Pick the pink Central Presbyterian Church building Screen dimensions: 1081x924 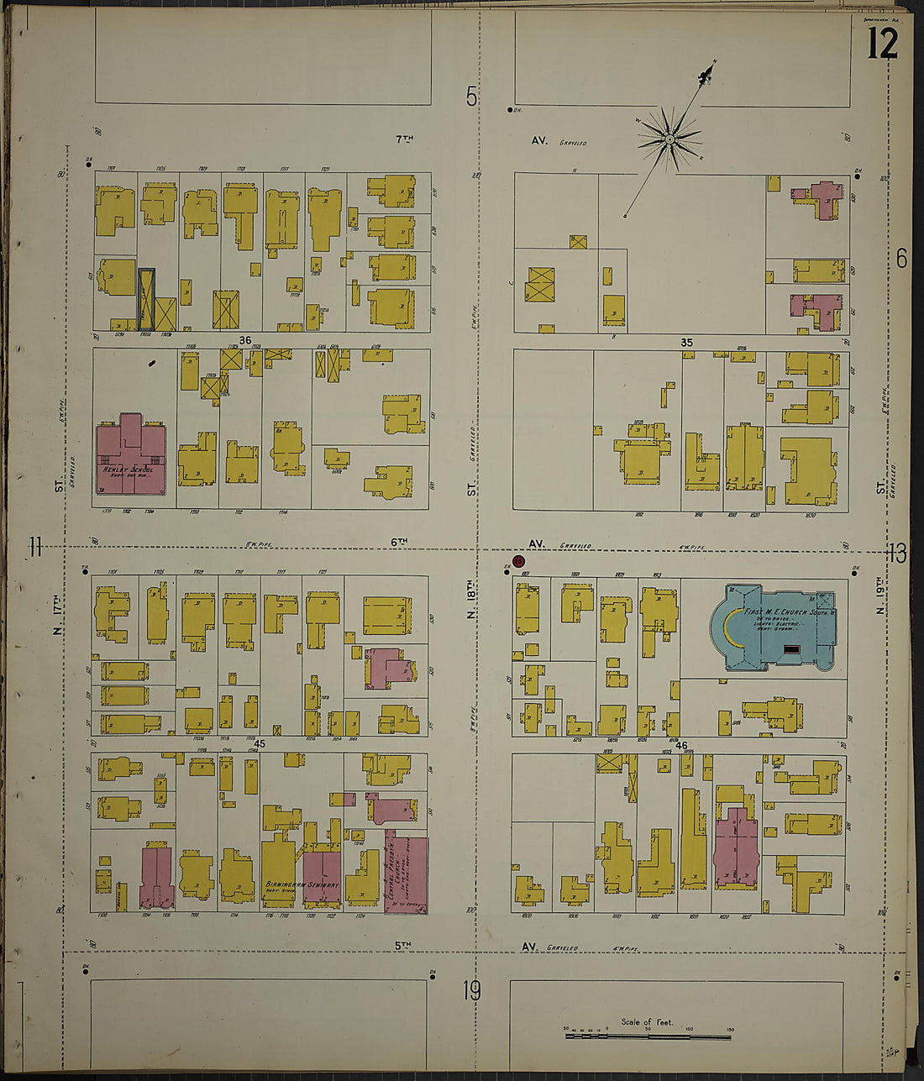click(x=406, y=874)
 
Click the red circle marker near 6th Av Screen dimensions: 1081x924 click(x=518, y=561)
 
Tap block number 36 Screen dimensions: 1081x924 click(x=244, y=340)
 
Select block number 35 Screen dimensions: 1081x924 click(x=686, y=343)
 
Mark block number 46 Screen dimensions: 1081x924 click(x=680, y=745)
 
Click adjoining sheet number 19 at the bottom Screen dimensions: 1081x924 click(x=471, y=991)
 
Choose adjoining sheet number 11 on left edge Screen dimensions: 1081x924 click(x=34, y=548)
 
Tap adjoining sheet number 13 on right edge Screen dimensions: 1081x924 click(x=896, y=554)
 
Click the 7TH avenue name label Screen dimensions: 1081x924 click(x=404, y=139)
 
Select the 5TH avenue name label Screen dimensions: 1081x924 click(x=404, y=946)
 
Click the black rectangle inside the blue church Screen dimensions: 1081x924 click(x=790, y=649)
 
